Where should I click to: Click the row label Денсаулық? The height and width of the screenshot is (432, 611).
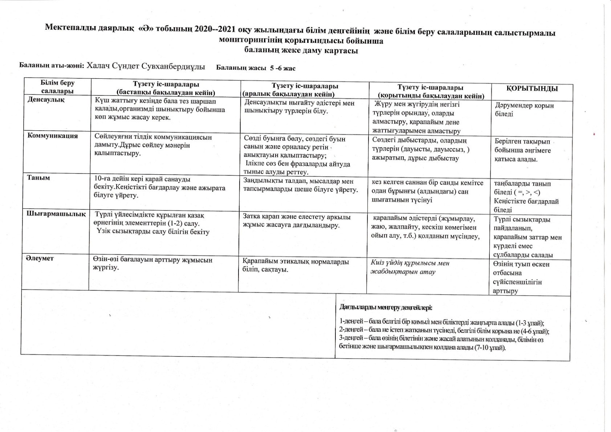pyautogui.click(x=46, y=99)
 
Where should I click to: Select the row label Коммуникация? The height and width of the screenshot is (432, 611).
pyautogui.click(x=53, y=136)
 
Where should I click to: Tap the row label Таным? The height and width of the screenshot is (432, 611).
pyautogui.click(x=38, y=178)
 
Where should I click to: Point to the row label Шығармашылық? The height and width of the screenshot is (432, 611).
pyautogui.click(x=56, y=213)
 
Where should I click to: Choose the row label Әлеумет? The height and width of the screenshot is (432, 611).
pyautogui.click(x=40, y=258)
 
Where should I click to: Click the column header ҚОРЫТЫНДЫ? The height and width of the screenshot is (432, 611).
pyautogui.click(x=532, y=89)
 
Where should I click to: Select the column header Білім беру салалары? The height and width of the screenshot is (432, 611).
pyautogui.click(x=57, y=87)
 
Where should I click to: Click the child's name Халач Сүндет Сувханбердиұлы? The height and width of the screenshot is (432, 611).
pyautogui.click(x=146, y=66)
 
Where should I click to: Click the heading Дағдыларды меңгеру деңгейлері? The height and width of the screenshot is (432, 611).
pyautogui.click(x=386, y=307)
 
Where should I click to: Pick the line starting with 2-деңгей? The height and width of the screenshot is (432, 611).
pyautogui.click(x=444, y=331)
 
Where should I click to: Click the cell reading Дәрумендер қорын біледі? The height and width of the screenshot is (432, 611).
pyautogui.click(x=524, y=110)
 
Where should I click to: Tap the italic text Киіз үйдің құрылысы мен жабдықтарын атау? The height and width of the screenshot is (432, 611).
pyautogui.click(x=410, y=267)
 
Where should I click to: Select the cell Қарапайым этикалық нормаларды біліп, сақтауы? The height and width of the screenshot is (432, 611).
pyautogui.click(x=296, y=265)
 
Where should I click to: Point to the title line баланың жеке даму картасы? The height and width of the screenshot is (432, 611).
pyautogui.click(x=301, y=51)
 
